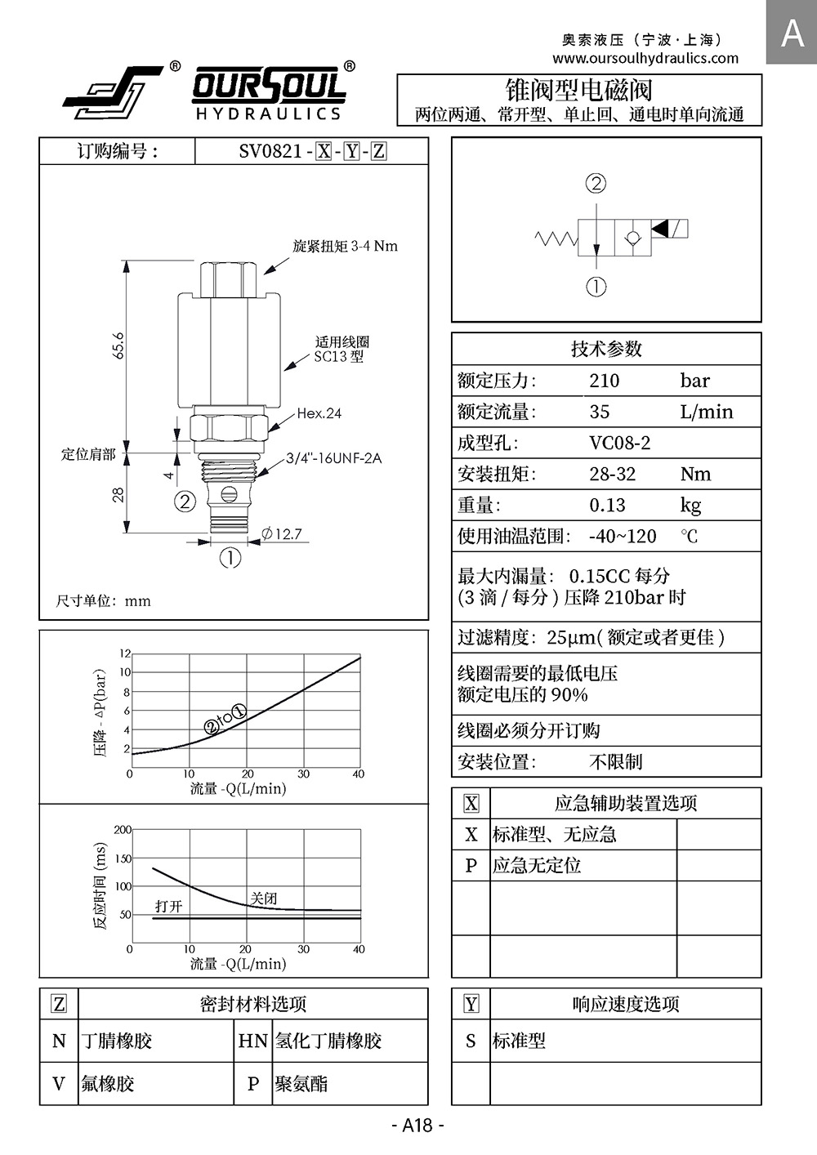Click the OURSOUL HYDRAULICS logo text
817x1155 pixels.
269,93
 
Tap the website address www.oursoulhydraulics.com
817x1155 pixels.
645,58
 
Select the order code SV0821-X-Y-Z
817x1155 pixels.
312,151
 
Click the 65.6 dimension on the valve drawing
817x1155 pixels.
118,345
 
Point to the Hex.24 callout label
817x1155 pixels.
319,413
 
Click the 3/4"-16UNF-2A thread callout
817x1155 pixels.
333,458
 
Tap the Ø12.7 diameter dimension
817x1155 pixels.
281,533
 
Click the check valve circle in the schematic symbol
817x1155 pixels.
633,239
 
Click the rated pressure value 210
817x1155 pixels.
604,381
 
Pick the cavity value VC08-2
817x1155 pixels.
619,443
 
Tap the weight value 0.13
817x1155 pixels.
607,505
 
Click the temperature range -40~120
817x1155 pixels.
623,536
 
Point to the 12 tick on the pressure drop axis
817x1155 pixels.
125,653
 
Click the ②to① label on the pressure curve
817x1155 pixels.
226,719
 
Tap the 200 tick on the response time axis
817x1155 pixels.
123,829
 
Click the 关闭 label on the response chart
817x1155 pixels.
264,898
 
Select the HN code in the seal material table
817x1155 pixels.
252,1041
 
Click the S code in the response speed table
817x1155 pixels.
471,1041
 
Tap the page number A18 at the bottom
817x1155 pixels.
417,1125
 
